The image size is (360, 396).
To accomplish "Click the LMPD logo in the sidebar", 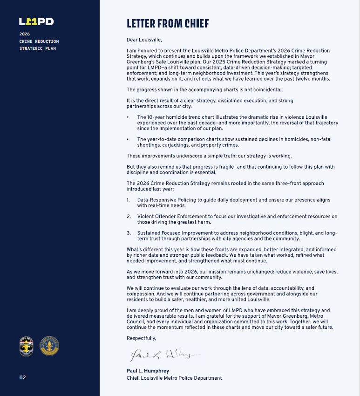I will (36, 21).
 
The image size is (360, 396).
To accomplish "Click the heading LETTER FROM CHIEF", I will (168, 23).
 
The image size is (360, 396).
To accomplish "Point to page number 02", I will (22, 377).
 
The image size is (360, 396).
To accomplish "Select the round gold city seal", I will (49, 346).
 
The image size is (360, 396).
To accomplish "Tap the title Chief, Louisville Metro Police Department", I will (174, 378).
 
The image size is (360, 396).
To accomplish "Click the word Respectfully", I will (142, 338).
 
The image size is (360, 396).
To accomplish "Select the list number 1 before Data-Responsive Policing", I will (129, 200).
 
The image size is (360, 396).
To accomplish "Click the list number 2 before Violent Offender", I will (129, 217).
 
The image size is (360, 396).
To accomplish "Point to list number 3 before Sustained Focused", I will (129, 233).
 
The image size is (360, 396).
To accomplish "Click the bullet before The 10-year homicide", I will (128, 117).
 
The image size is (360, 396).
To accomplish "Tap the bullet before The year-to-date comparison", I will (128, 139).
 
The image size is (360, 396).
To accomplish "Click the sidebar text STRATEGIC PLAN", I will (38, 48).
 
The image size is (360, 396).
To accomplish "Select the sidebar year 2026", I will (24, 34).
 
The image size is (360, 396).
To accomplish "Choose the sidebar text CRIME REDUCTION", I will (39, 41).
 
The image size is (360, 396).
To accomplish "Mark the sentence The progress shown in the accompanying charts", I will (204, 89).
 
